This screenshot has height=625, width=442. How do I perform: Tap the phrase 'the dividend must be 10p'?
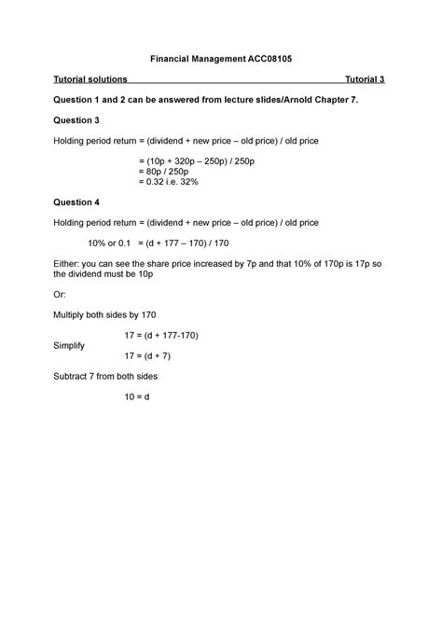[x=104, y=275]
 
